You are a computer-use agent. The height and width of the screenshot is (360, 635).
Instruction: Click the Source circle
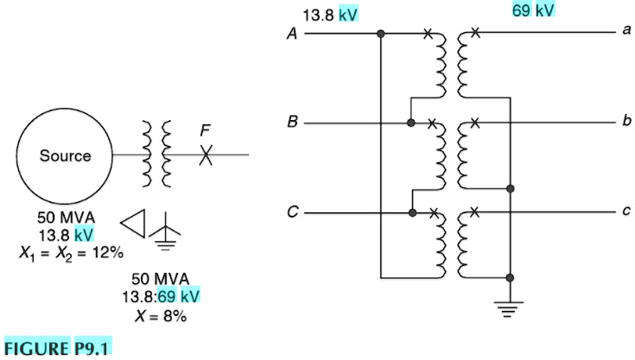65,156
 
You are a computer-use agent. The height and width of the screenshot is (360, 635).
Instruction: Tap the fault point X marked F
206,155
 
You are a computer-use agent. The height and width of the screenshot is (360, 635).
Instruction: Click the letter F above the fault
204,130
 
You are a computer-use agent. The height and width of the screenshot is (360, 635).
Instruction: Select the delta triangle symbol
133,224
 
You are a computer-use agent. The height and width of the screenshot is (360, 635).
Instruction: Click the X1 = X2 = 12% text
70,253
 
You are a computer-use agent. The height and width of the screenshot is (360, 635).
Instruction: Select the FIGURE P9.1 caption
57,349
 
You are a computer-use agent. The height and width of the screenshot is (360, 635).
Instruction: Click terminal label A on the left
293,35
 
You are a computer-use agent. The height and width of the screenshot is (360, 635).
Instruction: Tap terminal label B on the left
293,123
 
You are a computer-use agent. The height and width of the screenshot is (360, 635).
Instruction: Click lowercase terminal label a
625,31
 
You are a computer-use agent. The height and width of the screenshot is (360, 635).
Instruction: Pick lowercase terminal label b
625,121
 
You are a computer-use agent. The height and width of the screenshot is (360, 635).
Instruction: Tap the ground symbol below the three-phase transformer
511,307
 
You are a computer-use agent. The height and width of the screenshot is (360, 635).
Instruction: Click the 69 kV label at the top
533,10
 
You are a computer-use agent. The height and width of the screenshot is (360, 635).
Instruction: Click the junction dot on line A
381,35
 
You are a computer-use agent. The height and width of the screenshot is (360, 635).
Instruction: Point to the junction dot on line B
411,123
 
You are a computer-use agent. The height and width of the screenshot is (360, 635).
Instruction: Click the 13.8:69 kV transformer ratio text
160,296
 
